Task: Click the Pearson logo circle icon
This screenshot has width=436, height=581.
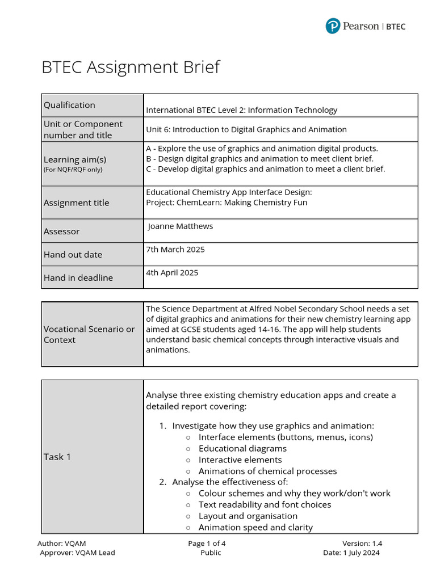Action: click(x=333, y=26)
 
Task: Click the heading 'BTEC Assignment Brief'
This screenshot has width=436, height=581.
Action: click(x=131, y=67)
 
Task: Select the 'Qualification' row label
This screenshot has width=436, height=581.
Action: click(x=69, y=105)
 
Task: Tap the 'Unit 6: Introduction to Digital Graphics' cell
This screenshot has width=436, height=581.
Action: click(x=246, y=129)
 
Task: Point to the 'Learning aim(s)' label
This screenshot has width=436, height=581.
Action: click(x=75, y=159)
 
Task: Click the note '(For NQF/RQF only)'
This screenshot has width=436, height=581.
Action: click(x=73, y=169)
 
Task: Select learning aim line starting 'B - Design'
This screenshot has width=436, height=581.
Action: click(x=259, y=159)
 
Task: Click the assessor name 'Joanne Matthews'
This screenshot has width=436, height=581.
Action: click(x=181, y=226)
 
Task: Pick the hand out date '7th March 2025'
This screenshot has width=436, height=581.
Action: click(x=175, y=249)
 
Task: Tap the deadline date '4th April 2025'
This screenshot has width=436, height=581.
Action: click(x=172, y=272)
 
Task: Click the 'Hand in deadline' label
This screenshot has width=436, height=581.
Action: click(x=78, y=277)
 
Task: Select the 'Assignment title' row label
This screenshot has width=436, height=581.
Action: click(x=76, y=203)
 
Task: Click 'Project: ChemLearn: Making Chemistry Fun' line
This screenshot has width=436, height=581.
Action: click(x=227, y=202)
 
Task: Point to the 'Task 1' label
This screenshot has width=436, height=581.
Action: click(x=57, y=457)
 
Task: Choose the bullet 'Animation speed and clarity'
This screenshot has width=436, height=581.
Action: click(x=255, y=527)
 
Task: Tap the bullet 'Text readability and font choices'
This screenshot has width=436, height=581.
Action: click(x=265, y=504)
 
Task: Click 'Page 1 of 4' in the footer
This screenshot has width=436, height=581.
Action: click(x=211, y=543)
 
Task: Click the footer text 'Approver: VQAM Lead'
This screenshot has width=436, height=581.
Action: click(x=77, y=553)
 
